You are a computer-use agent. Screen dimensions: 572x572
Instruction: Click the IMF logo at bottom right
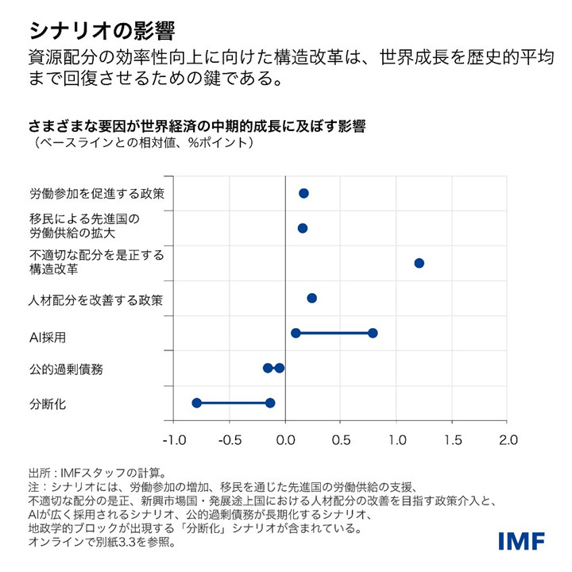[x=521, y=541]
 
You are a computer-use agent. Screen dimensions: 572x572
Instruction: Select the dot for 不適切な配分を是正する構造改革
[x=419, y=263]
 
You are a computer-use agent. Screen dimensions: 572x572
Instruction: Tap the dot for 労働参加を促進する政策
[x=303, y=193]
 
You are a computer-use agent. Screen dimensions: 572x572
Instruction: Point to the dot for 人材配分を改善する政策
[x=311, y=298]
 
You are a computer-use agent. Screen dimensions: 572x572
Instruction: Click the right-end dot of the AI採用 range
[x=373, y=333]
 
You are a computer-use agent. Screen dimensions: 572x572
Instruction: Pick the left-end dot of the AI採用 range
[x=296, y=333]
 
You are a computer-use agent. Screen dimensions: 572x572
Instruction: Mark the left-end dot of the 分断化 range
[x=197, y=403]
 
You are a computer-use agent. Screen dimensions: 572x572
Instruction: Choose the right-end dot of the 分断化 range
[x=270, y=403]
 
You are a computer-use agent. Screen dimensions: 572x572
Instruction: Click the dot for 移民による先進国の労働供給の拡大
[x=302, y=228]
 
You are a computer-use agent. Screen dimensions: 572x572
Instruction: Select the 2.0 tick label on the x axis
[x=507, y=439]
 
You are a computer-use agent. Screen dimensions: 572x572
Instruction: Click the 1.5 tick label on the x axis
[x=452, y=439]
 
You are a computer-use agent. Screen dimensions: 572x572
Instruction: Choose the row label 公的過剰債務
[x=66, y=369]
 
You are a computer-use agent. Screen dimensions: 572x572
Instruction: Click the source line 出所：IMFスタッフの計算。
[x=96, y=472]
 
